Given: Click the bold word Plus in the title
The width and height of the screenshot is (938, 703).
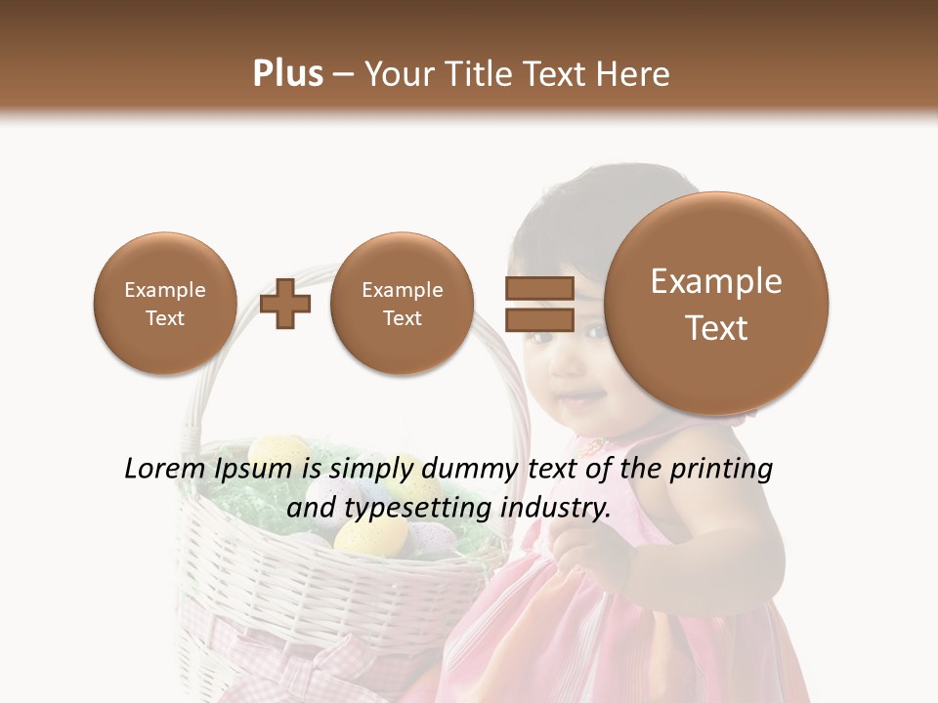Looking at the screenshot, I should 287,74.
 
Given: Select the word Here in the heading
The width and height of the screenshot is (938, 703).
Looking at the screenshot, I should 634,74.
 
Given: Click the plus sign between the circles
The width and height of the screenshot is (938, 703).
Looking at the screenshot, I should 285,304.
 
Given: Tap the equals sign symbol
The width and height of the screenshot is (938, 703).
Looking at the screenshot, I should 538,303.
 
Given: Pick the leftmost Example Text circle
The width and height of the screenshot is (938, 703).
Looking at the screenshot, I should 164,304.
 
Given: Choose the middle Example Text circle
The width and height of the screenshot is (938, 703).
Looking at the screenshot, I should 402,304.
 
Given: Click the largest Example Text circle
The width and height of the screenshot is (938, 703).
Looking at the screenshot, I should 716,304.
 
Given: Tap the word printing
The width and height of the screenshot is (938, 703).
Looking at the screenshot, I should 721,469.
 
